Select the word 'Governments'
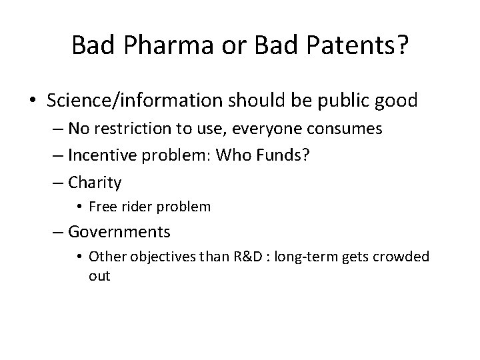coord(119,231)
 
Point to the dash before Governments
coord(60,231)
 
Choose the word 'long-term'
coord(318,257)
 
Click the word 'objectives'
coord(153,257)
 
